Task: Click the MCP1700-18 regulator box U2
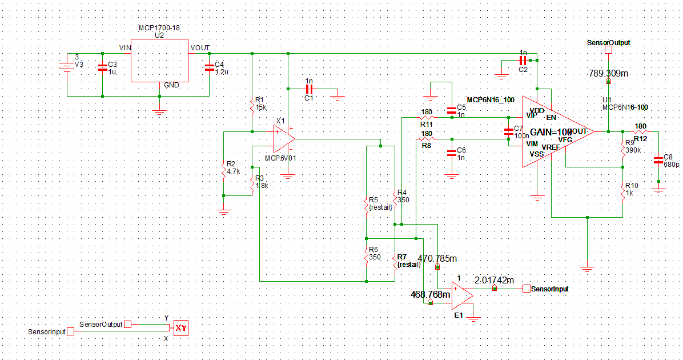click(x=160, y=60)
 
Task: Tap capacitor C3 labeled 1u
click(x=103, y=68)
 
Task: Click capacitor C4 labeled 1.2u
click(x=209, y=68)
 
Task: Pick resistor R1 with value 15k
click(x=252, y=106)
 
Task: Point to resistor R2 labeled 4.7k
click(x=224, y=170)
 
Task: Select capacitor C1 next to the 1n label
click(x=309, y=89)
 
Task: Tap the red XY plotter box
click(x=181, y=327)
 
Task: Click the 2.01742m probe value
click(x=494, y=280)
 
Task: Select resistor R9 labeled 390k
click(x=622, y=148)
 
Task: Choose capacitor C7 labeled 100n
click(x=508, y=132)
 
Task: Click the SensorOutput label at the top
click(x=608, y=43)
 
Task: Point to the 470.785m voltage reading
click(x=437, y=258)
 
